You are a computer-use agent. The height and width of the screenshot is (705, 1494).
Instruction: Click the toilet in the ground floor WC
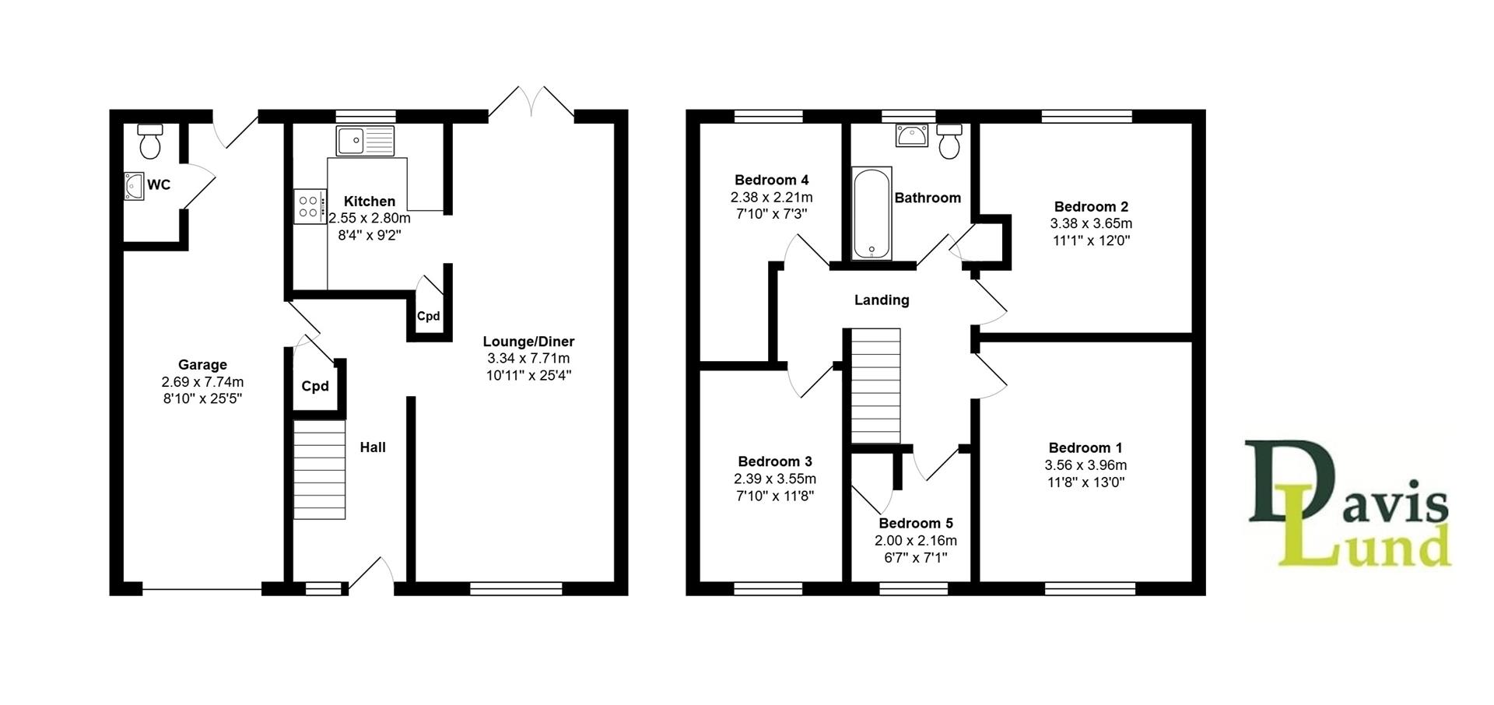click(149, 141)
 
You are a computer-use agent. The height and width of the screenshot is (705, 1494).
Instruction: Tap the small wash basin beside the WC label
click(134, 186)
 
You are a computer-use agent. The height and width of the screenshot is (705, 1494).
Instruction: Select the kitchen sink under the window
click(366, 140)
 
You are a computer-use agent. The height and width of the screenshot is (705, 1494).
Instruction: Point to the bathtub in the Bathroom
click(871, 212)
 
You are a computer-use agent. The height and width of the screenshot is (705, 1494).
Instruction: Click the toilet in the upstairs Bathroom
click(949, 141)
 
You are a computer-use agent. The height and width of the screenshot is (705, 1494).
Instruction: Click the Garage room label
click(202, 365)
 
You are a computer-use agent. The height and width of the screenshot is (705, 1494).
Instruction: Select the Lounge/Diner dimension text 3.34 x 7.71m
click(528, 359)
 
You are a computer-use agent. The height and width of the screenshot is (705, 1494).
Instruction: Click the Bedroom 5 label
click(915, 524)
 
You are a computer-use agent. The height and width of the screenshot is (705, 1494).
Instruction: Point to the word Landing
click(881, 300)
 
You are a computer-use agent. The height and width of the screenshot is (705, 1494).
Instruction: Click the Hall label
click(373, 447)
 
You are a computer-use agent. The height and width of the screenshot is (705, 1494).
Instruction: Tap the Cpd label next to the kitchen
click(429, 317)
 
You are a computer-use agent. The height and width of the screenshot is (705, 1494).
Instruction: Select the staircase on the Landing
click(876, 386)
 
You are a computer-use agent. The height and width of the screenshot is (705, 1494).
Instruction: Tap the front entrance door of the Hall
click(372, 574)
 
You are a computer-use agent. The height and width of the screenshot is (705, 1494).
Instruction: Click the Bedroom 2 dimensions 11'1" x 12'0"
click(1090, 240)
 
